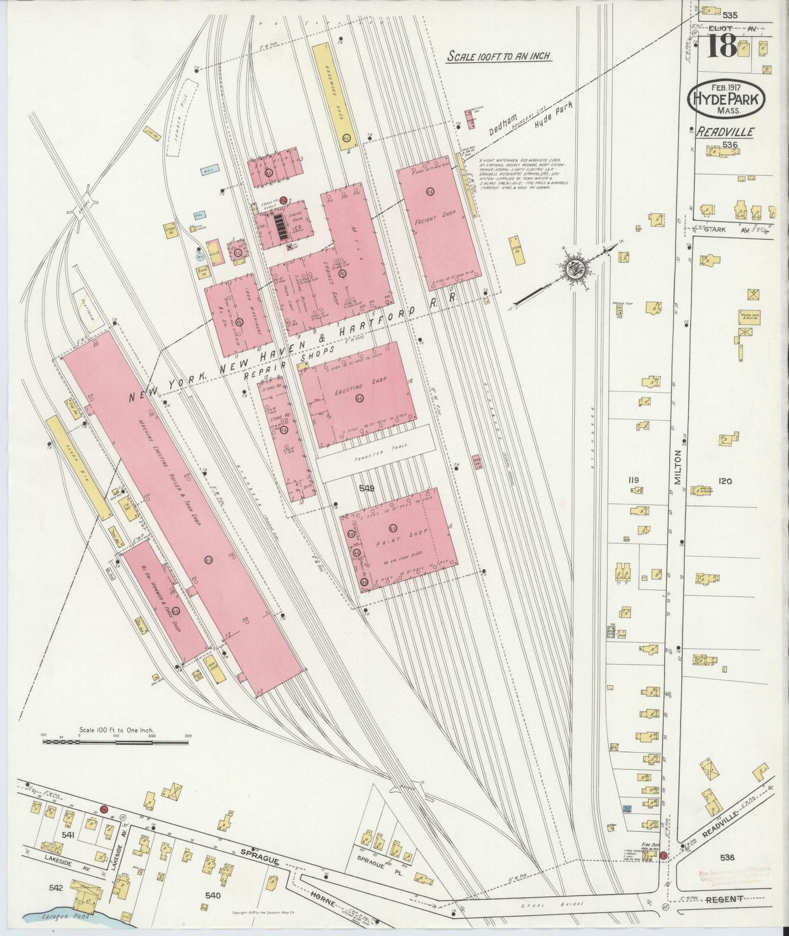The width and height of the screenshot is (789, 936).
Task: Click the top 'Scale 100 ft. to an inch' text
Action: pos(498,56)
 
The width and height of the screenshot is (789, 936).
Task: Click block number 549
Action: pos(366,489)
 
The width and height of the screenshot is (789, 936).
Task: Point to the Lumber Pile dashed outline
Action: pos(181,117)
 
